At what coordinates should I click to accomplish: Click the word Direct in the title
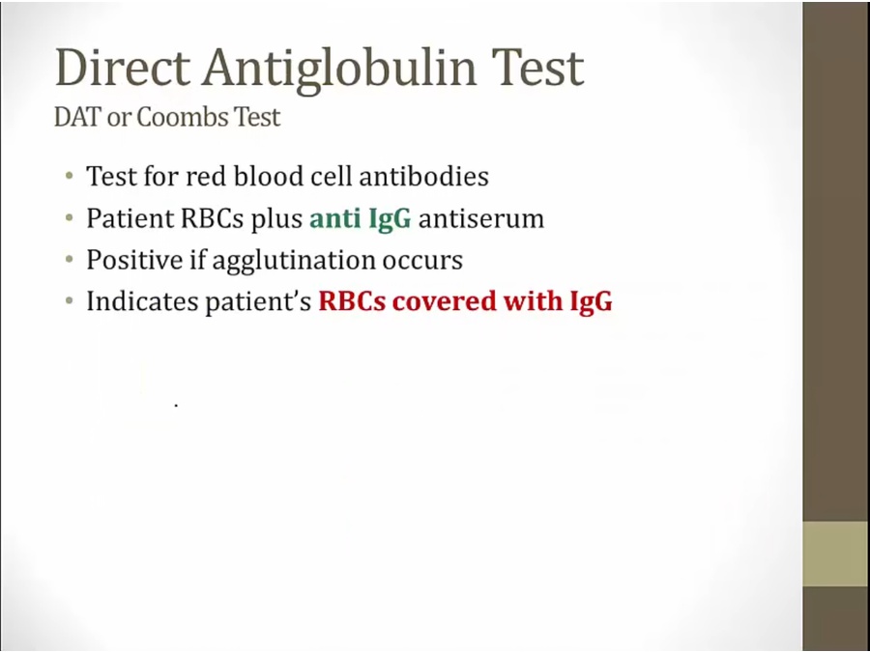point(123,68)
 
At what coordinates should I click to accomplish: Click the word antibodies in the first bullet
point(424,177)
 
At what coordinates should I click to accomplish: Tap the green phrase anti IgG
point(361,219)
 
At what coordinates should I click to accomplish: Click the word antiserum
point(481,219)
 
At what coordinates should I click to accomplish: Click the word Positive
point(134,260)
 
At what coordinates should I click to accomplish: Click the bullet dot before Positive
point(69,260)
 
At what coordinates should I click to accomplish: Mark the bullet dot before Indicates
point(69,301)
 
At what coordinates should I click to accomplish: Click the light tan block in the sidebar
point(836,553)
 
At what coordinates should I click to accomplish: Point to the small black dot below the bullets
point(176,406)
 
